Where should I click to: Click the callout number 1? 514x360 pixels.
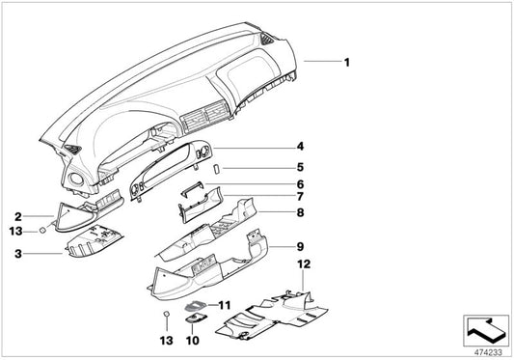point(347,62)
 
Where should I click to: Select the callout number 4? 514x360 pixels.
point(300,147)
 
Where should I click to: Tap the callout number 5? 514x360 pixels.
point(300,167)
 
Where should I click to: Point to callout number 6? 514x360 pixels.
point(300,184)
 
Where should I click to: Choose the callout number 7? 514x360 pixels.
point(300,196)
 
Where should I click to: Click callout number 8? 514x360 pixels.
point(300,212)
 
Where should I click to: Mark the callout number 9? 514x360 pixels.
point(300,246)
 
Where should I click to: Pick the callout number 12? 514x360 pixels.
point(304,263)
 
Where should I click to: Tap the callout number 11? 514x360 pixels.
point(225,306)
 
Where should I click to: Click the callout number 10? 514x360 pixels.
point(193,341)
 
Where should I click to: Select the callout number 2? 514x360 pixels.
point(18,216)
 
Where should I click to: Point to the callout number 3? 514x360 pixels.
point(18,253)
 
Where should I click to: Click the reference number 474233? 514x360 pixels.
point(488,352)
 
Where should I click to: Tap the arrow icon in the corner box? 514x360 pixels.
point(486,328)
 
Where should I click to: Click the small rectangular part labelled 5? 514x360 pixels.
point(217,168)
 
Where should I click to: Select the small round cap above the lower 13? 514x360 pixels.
point(167,314)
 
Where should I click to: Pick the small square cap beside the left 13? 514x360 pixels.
point(42,231)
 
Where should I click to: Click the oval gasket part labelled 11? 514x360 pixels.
point(196,306)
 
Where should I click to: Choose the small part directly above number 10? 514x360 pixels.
point(196,318)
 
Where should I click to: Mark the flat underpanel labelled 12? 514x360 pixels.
point(272,315)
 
